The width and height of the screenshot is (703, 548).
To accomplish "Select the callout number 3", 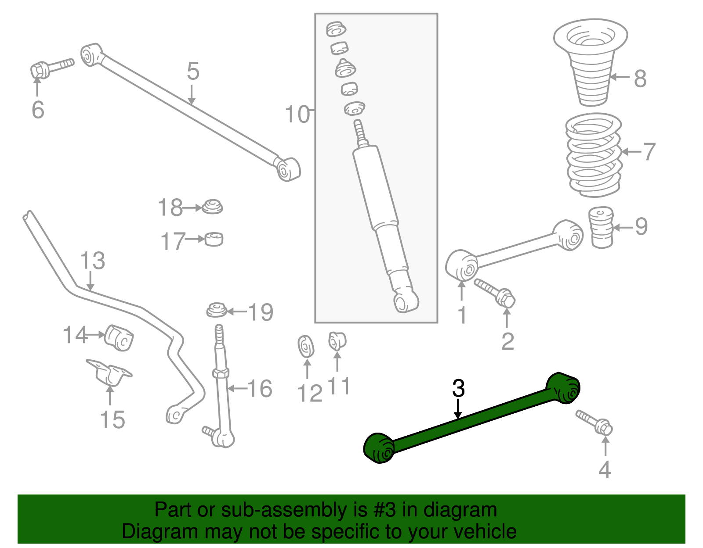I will tap(458, 388).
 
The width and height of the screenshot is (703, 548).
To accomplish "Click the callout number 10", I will tap(297, 114).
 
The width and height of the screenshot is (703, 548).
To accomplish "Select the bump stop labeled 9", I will tap(601, 227).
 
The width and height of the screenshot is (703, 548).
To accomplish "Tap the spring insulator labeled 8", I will tap(591, 61).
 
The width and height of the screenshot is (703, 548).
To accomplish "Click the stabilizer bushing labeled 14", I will tap(119, 337).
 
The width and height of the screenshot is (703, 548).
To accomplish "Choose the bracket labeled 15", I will tap(109, 372).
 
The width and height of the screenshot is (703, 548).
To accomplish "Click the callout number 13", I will tap(92, 261).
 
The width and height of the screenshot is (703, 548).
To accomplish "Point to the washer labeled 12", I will tap(306, 347).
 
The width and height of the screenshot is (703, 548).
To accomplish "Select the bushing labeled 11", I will tap(337, 341).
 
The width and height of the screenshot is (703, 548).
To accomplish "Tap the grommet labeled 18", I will tap(213, 207).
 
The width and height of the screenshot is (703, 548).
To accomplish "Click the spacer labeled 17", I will tap(214, 239).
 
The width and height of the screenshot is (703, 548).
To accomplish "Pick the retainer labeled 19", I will tap(217, 310).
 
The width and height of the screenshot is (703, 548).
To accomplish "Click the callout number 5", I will tap(193, 72).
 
